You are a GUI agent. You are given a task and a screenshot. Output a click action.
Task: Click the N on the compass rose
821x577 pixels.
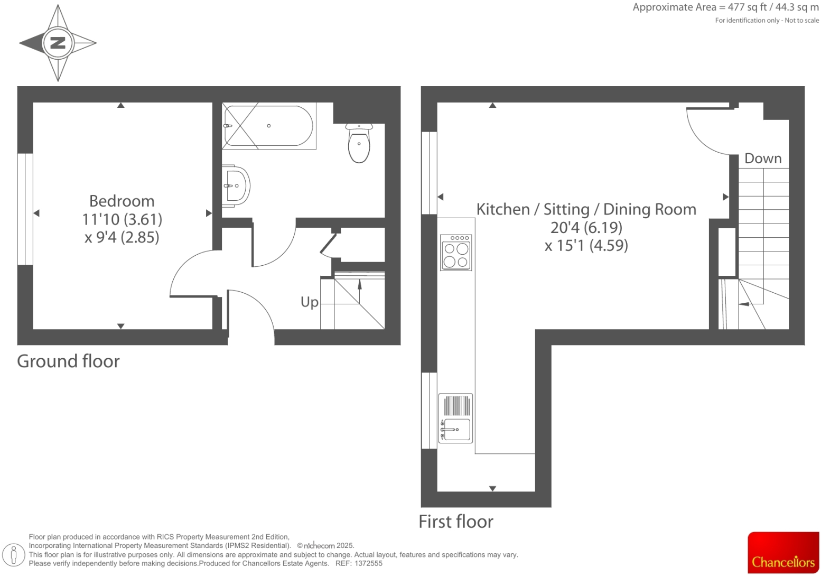point(58,43)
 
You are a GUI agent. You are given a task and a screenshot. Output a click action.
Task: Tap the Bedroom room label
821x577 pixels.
point(122,201)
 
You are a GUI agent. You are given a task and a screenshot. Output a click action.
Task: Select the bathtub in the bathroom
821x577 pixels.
point(268,126)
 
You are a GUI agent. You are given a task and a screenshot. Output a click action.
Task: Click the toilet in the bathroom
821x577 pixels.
point(359,144)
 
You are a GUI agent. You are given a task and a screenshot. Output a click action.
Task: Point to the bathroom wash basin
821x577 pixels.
point(236,186)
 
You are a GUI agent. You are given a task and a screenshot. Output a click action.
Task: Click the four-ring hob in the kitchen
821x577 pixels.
point(456,253)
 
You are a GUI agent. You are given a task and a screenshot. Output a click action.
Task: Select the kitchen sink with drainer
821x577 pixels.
point(456,418)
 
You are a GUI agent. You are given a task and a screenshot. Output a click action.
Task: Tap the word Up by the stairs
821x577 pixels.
point(310,302)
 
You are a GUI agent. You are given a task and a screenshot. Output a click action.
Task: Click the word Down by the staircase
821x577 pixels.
point(762,159)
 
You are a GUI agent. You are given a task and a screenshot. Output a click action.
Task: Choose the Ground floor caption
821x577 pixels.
point(68,361)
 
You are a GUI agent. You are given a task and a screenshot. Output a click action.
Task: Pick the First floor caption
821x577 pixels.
point(455,522)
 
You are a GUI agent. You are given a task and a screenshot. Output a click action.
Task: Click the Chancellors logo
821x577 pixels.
point(783,552)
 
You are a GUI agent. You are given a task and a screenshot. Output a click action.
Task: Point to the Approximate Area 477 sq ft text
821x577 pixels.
point(725,7)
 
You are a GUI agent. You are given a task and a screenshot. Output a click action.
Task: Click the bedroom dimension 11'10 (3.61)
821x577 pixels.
point(122,219)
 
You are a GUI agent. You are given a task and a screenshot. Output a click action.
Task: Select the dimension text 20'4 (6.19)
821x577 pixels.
point(586,228)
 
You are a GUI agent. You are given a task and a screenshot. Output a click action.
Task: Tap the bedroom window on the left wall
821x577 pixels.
point(25,209)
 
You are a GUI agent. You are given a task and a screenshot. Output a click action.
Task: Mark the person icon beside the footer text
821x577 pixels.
point(14,555)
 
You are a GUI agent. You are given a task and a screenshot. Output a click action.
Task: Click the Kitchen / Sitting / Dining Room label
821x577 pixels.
point(586,210)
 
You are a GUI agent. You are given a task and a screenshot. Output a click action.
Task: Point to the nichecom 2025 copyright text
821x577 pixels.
point(325,546)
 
